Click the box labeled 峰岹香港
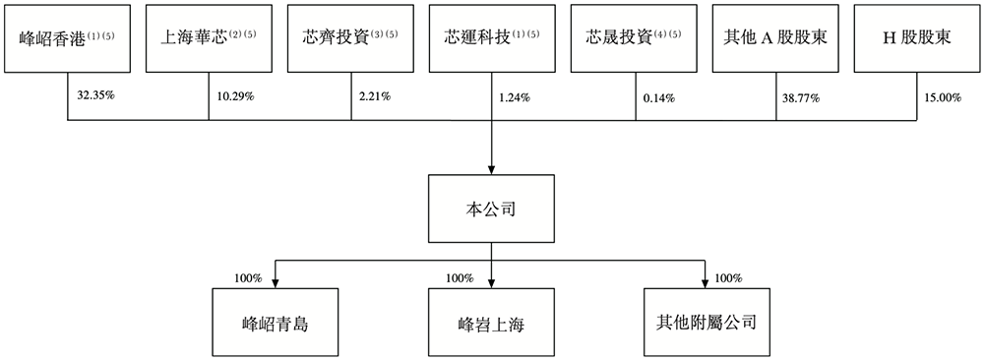[x=67, y=38]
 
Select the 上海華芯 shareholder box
[x=209, y=38]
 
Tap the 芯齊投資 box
[x=350, y=38]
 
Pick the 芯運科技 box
[x=492, y=38]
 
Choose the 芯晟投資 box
[x=634, y=38]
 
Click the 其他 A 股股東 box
[x=775, y=38]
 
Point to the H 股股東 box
[x=917, y=38]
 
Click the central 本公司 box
[x=490, y=209]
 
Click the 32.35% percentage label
[x=95, y=97]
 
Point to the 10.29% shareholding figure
[x=234, y=97]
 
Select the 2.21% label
[x=373, y=97]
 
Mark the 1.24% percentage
[x=515, y=97]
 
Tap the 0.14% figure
[x=658, y=97]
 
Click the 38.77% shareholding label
[x=801, y=97]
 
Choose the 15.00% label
[x=941, y=97]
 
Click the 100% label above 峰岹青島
[x=246, y=278]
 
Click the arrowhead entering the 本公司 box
[x=491, y=170]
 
